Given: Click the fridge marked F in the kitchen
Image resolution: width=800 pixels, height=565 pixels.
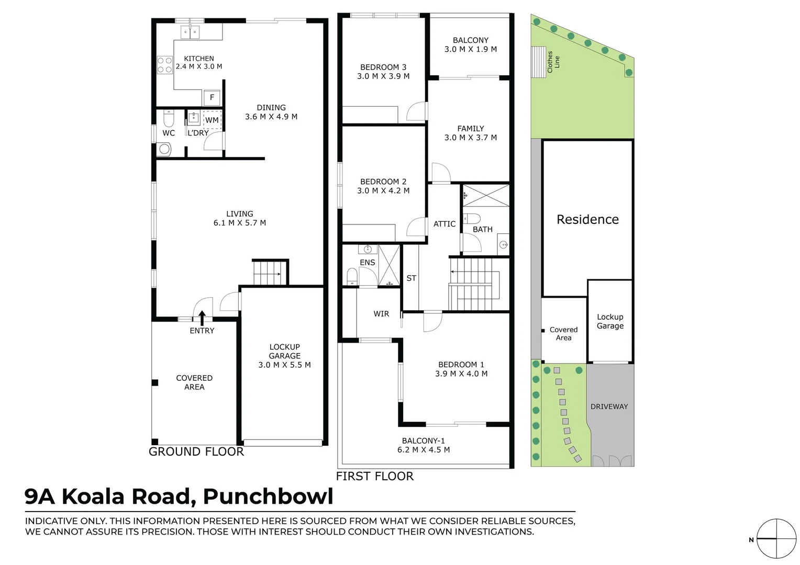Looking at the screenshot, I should [x=212, y=97].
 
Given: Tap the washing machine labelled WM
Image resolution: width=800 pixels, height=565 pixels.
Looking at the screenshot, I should [x=212, y=120].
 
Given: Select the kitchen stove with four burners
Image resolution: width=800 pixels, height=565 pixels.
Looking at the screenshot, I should [x=165, y=65].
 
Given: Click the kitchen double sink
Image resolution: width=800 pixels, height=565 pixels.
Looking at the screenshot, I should [x=190, y=32].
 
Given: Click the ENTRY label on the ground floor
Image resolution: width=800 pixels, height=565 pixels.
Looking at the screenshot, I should [x=202, y=331].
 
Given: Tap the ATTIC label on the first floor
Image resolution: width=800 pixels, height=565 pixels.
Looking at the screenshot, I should [x=445, y=224].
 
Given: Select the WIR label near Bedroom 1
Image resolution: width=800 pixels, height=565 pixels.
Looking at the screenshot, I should [x=381, y=314].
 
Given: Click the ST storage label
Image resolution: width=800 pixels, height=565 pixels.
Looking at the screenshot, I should [x=412, y=278].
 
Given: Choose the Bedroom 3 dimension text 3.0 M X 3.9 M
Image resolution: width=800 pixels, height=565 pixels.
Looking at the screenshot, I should [x=383, y=76].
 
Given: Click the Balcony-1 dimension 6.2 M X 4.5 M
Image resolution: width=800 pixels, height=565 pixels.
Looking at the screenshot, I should [x=424, y=450].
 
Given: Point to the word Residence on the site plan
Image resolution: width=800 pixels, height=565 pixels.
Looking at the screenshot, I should [x=587, y=220].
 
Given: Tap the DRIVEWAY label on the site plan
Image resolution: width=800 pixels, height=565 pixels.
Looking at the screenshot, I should [x=609, y=406].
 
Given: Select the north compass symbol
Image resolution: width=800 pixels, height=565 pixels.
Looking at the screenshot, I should [x=776, y=538].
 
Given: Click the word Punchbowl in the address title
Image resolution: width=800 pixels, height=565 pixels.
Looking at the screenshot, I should [x=268, y=496].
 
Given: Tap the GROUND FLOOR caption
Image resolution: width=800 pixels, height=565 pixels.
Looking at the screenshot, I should [x=196, y=452].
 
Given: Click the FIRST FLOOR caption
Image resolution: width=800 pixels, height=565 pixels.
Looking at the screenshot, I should [x=375, y=477].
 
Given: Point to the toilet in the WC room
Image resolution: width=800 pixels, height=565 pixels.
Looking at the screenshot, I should [x=169, y=120].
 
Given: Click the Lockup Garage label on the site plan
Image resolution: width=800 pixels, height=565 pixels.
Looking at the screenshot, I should [x=610, y=321].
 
